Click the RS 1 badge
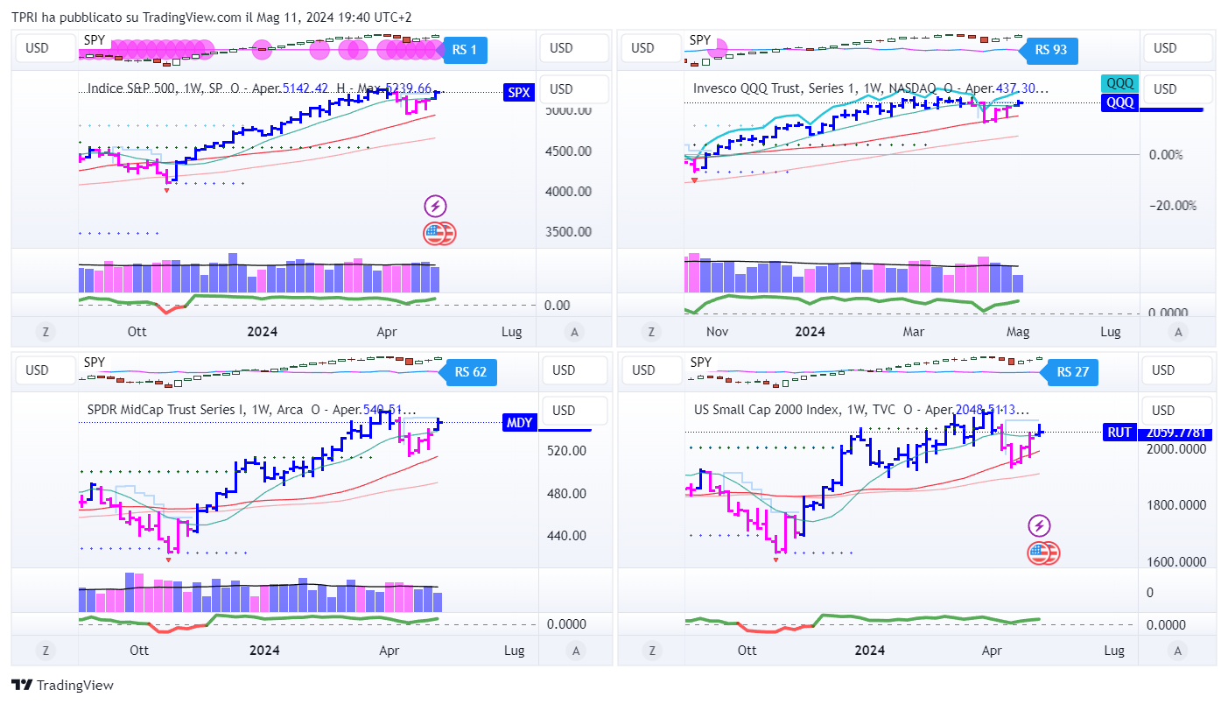[x=464, y=50]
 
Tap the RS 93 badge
[x=1050, y=50]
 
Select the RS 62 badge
[x=470, y=372]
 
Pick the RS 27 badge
[x=1072, y=372]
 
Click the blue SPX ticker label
[x=518, y=92]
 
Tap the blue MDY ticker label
[x=519, y=423]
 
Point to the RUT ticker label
[x=1119, y=432]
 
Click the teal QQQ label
[x=1120, y=84]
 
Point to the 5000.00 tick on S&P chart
[x=566, y=111]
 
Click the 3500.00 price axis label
[x=566, y=232]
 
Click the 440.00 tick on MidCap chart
[x=566, y=536]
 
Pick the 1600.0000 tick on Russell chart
[x=1176, y=562]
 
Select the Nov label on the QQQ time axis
[x=717, y=332]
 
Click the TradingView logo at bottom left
[x=62, y=686]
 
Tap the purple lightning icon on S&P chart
[x=436, y=207]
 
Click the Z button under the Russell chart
[x=651, y=651]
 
